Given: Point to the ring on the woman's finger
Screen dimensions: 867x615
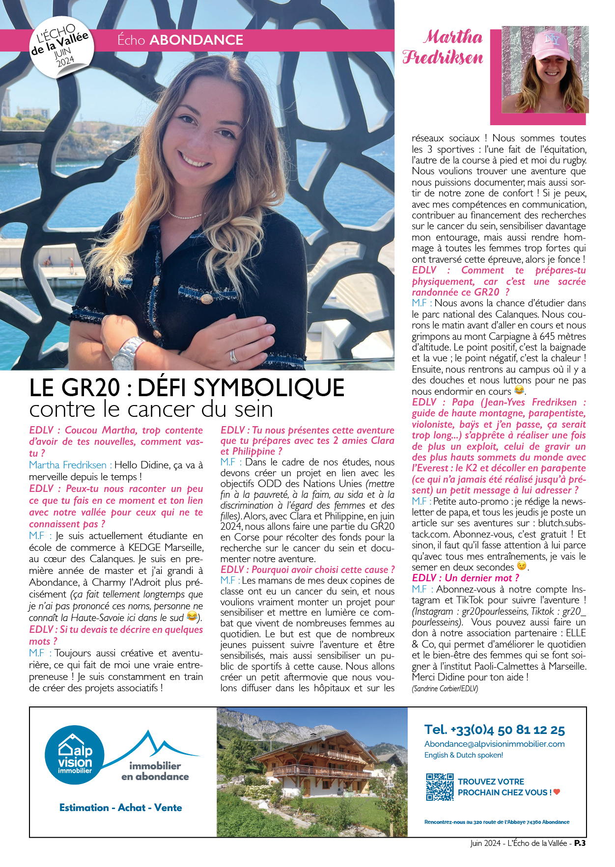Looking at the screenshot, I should (234, 355).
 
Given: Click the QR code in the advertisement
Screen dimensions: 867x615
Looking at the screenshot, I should (440, 787).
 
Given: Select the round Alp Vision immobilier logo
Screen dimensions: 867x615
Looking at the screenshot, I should (75, 755).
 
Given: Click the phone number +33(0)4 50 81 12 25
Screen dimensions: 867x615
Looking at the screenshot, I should (494, 730).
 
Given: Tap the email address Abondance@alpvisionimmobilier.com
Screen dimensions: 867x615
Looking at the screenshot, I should (494, 744).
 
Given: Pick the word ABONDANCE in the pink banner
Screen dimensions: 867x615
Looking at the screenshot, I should (196, 40).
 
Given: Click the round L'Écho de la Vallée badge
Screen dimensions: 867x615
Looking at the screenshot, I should (61, 48).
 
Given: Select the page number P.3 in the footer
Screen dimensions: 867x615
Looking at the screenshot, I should (580, 843).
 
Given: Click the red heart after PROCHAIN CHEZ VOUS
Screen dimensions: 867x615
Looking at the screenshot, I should (557, 792).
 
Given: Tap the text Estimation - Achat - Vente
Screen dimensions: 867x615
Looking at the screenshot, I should (120, 808).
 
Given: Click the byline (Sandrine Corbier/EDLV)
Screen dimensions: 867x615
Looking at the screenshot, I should (445, 689).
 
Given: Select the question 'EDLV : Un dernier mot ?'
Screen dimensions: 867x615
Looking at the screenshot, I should (465, 578).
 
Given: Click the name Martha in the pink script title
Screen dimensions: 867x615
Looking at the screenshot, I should (453, 37).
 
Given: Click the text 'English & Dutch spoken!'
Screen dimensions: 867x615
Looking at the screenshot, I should (463, 755).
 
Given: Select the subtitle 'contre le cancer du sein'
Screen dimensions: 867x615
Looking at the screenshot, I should (151, 409).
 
